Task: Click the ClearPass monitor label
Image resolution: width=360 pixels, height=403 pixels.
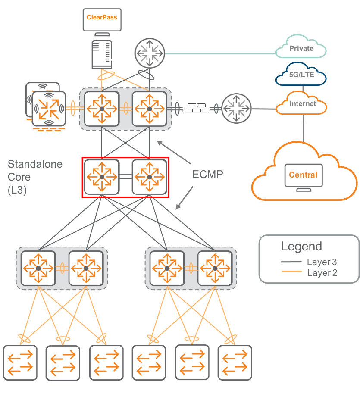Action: (102, 17)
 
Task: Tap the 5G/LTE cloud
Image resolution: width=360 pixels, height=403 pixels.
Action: (301, 74)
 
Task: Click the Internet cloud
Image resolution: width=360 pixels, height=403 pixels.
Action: (301, 103)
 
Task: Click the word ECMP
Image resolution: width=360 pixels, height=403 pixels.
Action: (208, 174)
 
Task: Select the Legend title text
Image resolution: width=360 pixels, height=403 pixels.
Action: (301, 246)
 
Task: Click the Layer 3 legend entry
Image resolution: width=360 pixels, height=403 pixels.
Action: (309, 262)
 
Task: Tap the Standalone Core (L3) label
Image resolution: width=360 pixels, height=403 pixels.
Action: (35, 177)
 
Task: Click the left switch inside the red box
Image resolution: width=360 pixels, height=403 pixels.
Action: (102, 177)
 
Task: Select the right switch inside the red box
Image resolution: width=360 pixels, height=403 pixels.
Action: (150, 177)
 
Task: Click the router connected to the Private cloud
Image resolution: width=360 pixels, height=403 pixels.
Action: (150, 53)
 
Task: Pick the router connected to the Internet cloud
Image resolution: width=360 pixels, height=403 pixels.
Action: (236, 109)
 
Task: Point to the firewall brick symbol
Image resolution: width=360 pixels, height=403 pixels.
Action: (197, 108)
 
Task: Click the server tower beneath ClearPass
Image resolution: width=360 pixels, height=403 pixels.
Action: (102, 54)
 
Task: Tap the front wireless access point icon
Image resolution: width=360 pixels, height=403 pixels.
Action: (49, 109)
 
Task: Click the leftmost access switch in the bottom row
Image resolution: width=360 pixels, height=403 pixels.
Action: (20, 362)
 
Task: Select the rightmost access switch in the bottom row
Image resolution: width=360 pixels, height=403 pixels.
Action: (235, 362)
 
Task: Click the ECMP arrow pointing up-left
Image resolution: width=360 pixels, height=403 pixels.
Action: (174, 152)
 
